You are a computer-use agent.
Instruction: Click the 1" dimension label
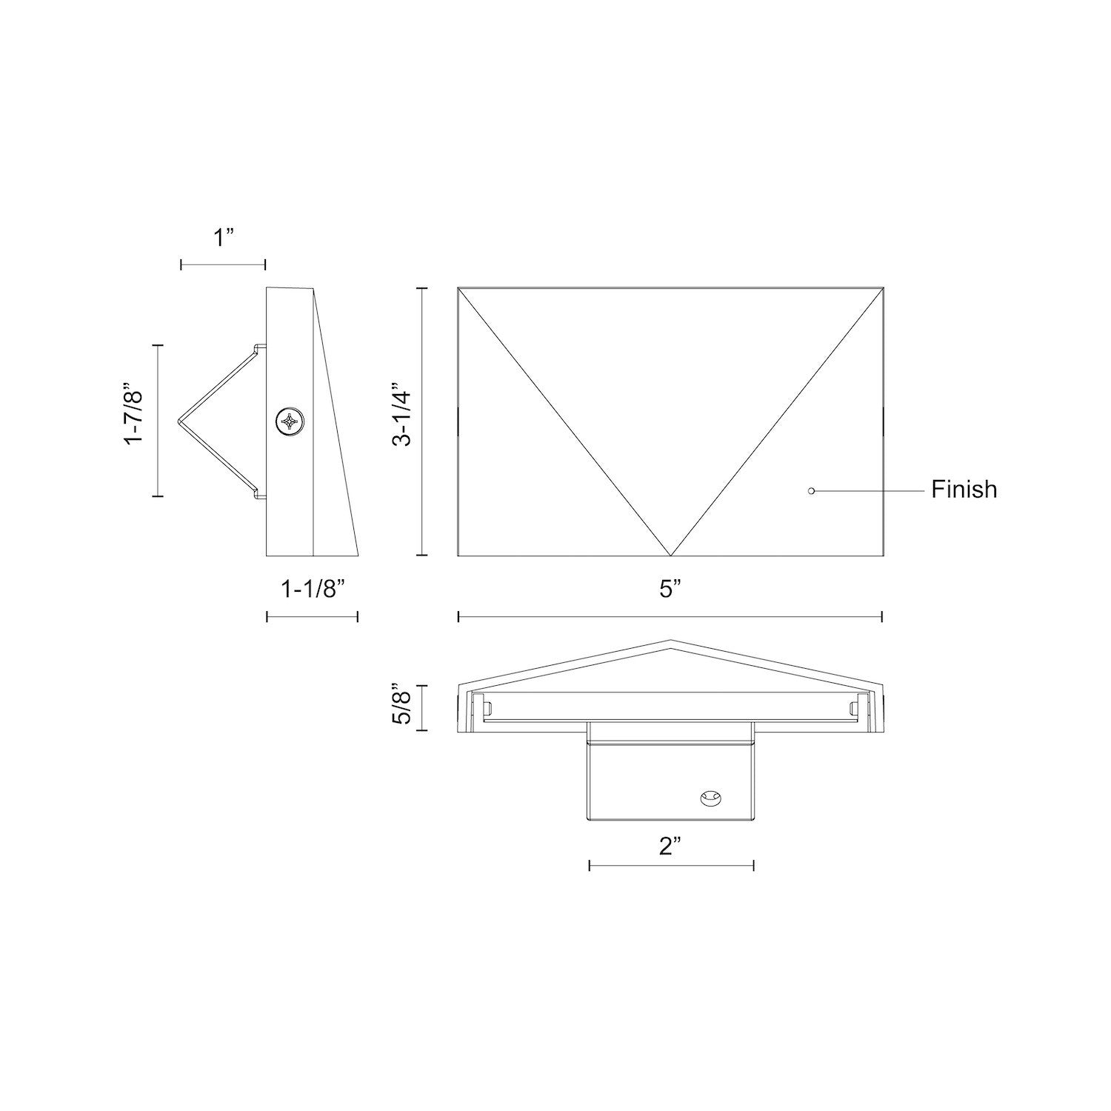coord(223,238)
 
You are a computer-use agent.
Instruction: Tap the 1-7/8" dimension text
coord(133,414)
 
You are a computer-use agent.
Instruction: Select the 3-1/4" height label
coord(401,414)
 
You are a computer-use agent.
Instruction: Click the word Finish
coord(964,490)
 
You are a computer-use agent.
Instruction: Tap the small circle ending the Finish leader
coord(811,490)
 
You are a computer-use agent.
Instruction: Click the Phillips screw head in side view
coord(288,422)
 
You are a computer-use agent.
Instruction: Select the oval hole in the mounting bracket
coord(710,798)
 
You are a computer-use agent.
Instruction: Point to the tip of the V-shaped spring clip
coord(179,421)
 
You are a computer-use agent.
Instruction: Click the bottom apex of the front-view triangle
coord(671,555)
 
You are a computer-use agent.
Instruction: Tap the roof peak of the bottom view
coord(671,641)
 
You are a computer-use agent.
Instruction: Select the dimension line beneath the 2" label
coord(671,864)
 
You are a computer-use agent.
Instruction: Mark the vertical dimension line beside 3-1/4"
coord(422,421)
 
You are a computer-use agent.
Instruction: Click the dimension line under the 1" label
coord(223,264)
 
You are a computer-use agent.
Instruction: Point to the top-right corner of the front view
coord(883,287)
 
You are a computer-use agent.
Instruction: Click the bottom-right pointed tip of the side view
coord(358,554)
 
